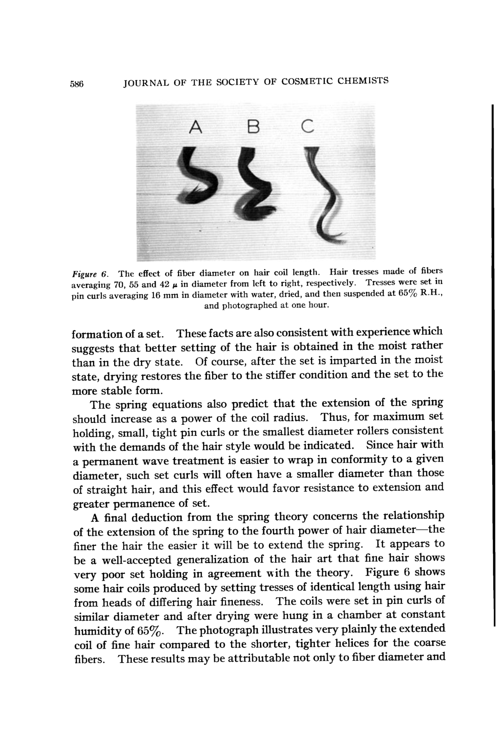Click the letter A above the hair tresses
click(196, 127)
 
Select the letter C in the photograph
click(307, 126)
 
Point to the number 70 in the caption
click(120, 284)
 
